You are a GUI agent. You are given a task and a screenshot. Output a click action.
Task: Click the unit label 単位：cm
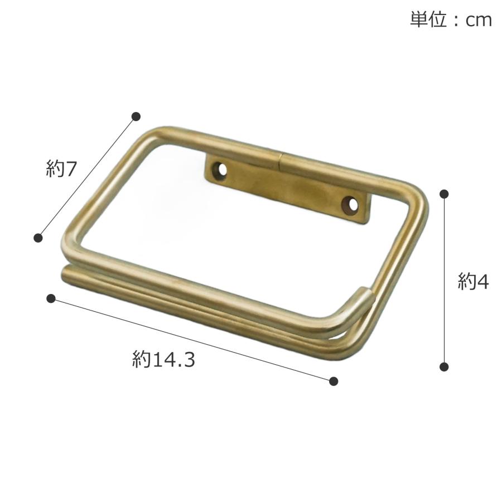pyautogui.click(x=451, y=20)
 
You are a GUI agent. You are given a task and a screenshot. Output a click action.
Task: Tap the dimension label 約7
pyautogui.click(x=60, y=169)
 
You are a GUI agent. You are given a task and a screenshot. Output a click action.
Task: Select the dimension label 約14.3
pyautogui.click(x=163, y=359)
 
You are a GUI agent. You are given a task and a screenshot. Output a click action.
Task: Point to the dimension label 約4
pyautogui.click(x=473, y=282)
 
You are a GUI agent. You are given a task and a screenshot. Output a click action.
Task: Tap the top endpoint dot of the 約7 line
pyautogui.click(x=136, y=117)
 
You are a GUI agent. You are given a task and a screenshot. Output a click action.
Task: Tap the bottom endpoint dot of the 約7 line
pyautogui.click(x=38, y=238)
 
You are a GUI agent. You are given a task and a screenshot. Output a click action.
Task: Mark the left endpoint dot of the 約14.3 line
pyautogui.click(x=51, y=298)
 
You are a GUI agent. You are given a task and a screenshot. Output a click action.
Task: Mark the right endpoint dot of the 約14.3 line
pyautogui.click(x=334, y=381)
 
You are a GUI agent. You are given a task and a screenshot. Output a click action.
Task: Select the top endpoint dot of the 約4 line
pyautogui.click(x=445, y=194)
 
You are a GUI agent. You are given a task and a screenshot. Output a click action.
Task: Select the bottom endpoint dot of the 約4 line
pyautogui.click(x=445, y=366)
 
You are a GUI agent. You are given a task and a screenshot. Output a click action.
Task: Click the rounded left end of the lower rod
pyautogui.click(x=64, y=273)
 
